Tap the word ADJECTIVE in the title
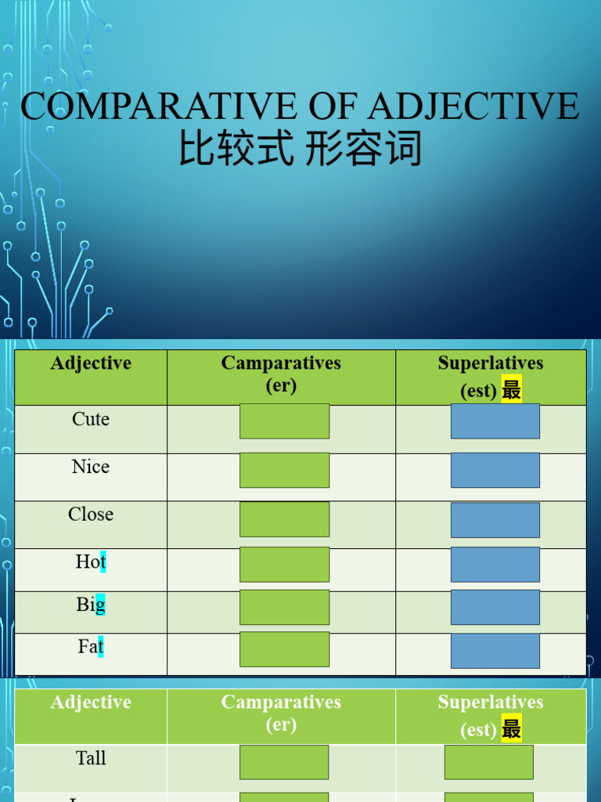[x=473, y=107]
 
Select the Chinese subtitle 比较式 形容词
[x=300, y=149]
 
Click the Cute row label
[x=91, y=419]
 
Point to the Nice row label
[x=91, y=467]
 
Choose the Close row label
[x=91, y=515]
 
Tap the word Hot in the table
[x=91, y=562]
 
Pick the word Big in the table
[x=91, y=605]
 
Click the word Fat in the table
[x=91, y=647]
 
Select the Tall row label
[x=91, y=758]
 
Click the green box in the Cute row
[x=284, y=421]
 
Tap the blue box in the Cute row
[x=495, y=421]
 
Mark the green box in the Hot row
[x=284, y=565]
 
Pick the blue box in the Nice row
[x=495, y=470]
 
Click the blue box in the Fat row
[x=495, y=651]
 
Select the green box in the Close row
[x=284, y=519]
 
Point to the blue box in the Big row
[x=495, y=608]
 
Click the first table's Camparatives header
[x=281, y=363]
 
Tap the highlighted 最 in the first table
[x=512, y=390]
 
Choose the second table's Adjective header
[x=91, y=703]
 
